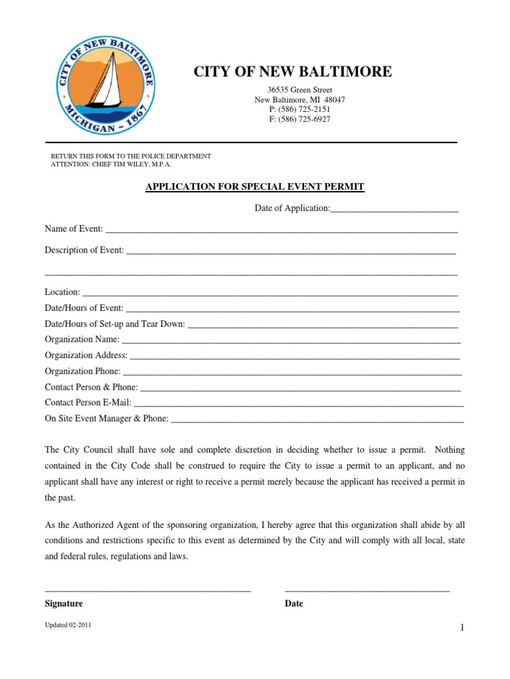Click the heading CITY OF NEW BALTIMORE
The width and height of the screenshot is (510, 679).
293,72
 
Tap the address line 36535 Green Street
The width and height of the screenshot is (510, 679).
300,90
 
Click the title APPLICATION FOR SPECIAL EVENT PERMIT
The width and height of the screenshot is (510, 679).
255,187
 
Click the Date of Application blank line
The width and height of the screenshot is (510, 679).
394,209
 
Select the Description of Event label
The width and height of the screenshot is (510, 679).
84,250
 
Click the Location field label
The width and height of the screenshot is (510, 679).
62,292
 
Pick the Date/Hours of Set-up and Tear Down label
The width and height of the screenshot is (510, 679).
115,324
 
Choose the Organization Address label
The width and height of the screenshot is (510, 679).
86,355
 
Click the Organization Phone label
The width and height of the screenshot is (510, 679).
83,371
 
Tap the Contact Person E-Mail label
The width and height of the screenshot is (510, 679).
88,402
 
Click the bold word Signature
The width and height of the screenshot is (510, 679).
64,604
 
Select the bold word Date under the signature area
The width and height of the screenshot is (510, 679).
294,604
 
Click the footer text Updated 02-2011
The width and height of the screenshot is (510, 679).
68,625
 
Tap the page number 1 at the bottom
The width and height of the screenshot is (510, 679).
461,629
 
